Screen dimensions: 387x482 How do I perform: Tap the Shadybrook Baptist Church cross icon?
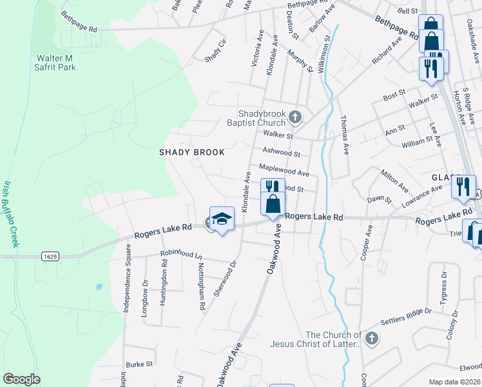(x=295, y=117)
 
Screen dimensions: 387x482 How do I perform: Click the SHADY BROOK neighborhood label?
(x=192, y=152)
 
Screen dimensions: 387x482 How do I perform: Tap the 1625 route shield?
(x=50, y=256)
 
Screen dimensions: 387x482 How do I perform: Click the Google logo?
(x=21, y=379)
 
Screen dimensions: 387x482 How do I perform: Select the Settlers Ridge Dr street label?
(x=406, y=316)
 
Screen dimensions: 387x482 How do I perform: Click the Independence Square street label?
(x=126, y=288)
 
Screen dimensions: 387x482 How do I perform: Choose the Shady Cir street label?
(x=217, y=52)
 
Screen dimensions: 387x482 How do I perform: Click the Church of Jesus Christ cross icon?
(x=371, y=339)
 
